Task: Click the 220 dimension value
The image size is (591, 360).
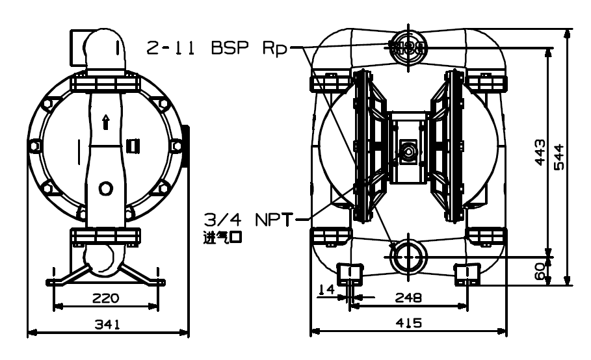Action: pos(105,298)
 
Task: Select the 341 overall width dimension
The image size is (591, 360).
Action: pos(107,324)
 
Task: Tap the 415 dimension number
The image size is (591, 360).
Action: pos(409,323)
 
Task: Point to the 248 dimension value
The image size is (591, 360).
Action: pos(408,298)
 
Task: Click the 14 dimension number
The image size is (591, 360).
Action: pos(326,289)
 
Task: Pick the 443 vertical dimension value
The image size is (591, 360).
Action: pos(540,152)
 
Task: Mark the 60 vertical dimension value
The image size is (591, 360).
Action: pos(540,271)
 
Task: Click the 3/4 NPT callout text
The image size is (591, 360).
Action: pos(248,220)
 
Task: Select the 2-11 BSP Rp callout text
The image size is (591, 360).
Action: pos(217,49)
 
